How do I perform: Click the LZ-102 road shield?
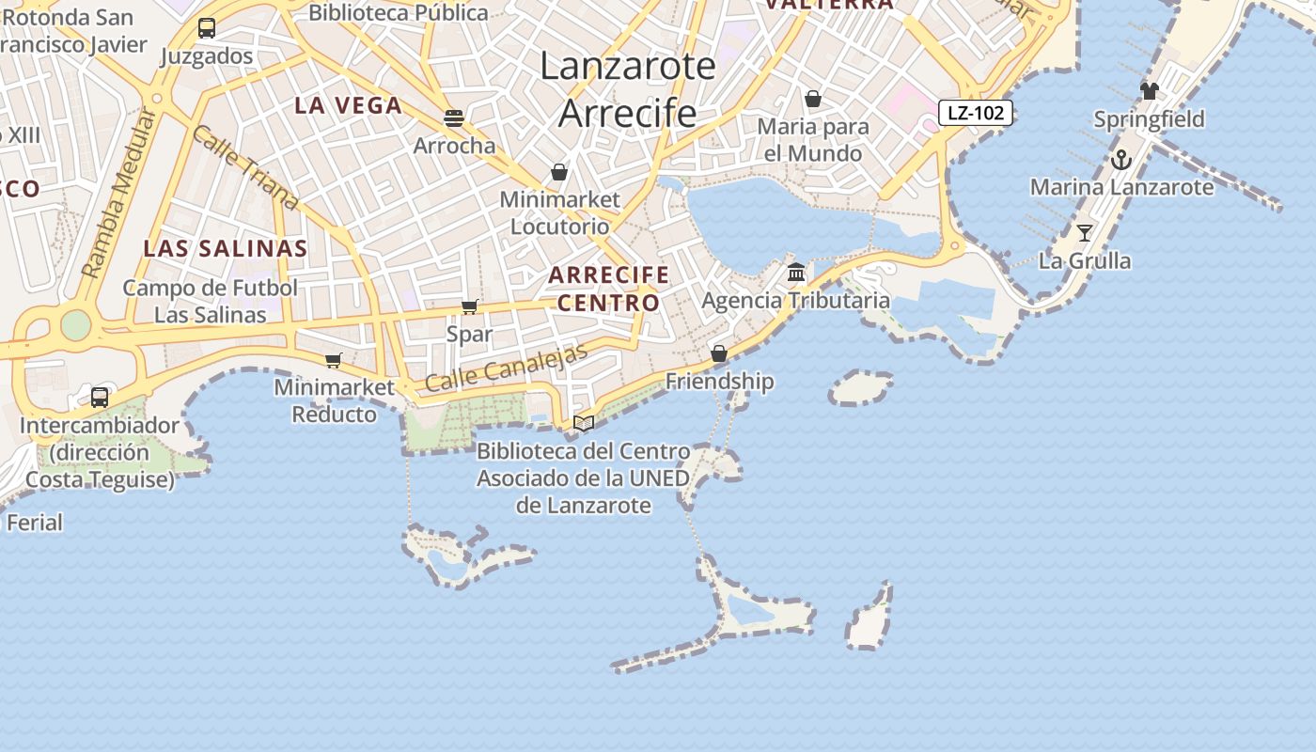[976, 114]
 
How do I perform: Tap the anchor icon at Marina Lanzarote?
[1120, 160]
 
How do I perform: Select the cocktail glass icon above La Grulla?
[1085, 233]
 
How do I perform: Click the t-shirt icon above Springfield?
[1150, 91]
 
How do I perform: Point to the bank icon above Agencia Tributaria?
[796, 273]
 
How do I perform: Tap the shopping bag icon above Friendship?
[719, 353]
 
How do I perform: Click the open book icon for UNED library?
[584, 423]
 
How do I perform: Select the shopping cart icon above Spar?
[469, 306]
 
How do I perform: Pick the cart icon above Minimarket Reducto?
[333, 360]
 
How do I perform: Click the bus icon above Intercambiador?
[100, 397]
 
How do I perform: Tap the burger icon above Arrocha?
[454, 118]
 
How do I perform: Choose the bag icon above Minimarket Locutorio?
[559, 172]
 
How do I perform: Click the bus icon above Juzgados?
[207, 28]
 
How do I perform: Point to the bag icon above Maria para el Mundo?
[813, 99]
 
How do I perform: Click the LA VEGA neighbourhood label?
[349, 105]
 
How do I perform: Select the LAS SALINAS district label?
[226, 248]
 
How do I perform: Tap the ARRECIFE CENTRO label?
[608, 289]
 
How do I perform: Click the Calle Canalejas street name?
[507, 368]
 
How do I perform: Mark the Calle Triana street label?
[244, 166]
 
